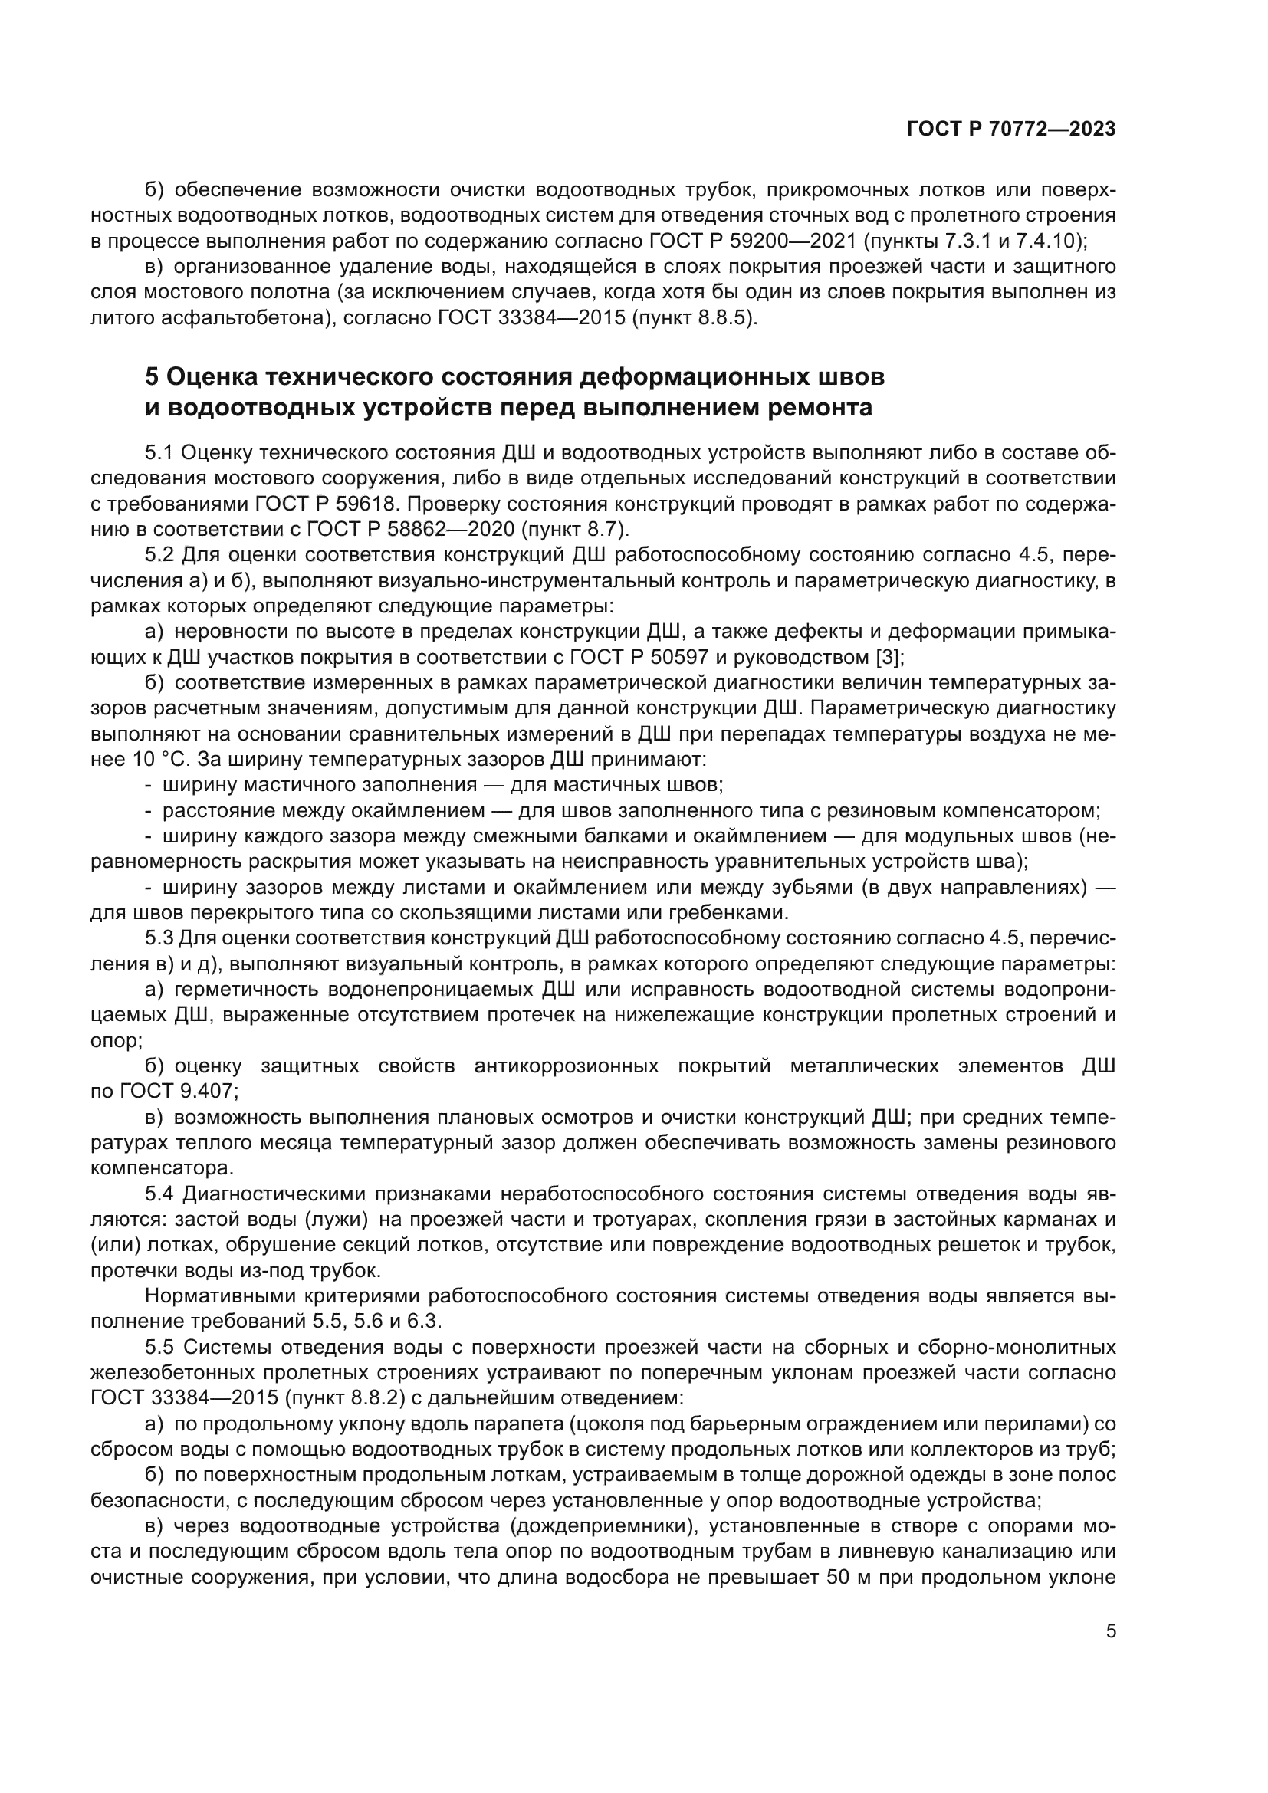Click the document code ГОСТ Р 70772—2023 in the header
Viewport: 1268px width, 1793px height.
tap(1011, 130)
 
